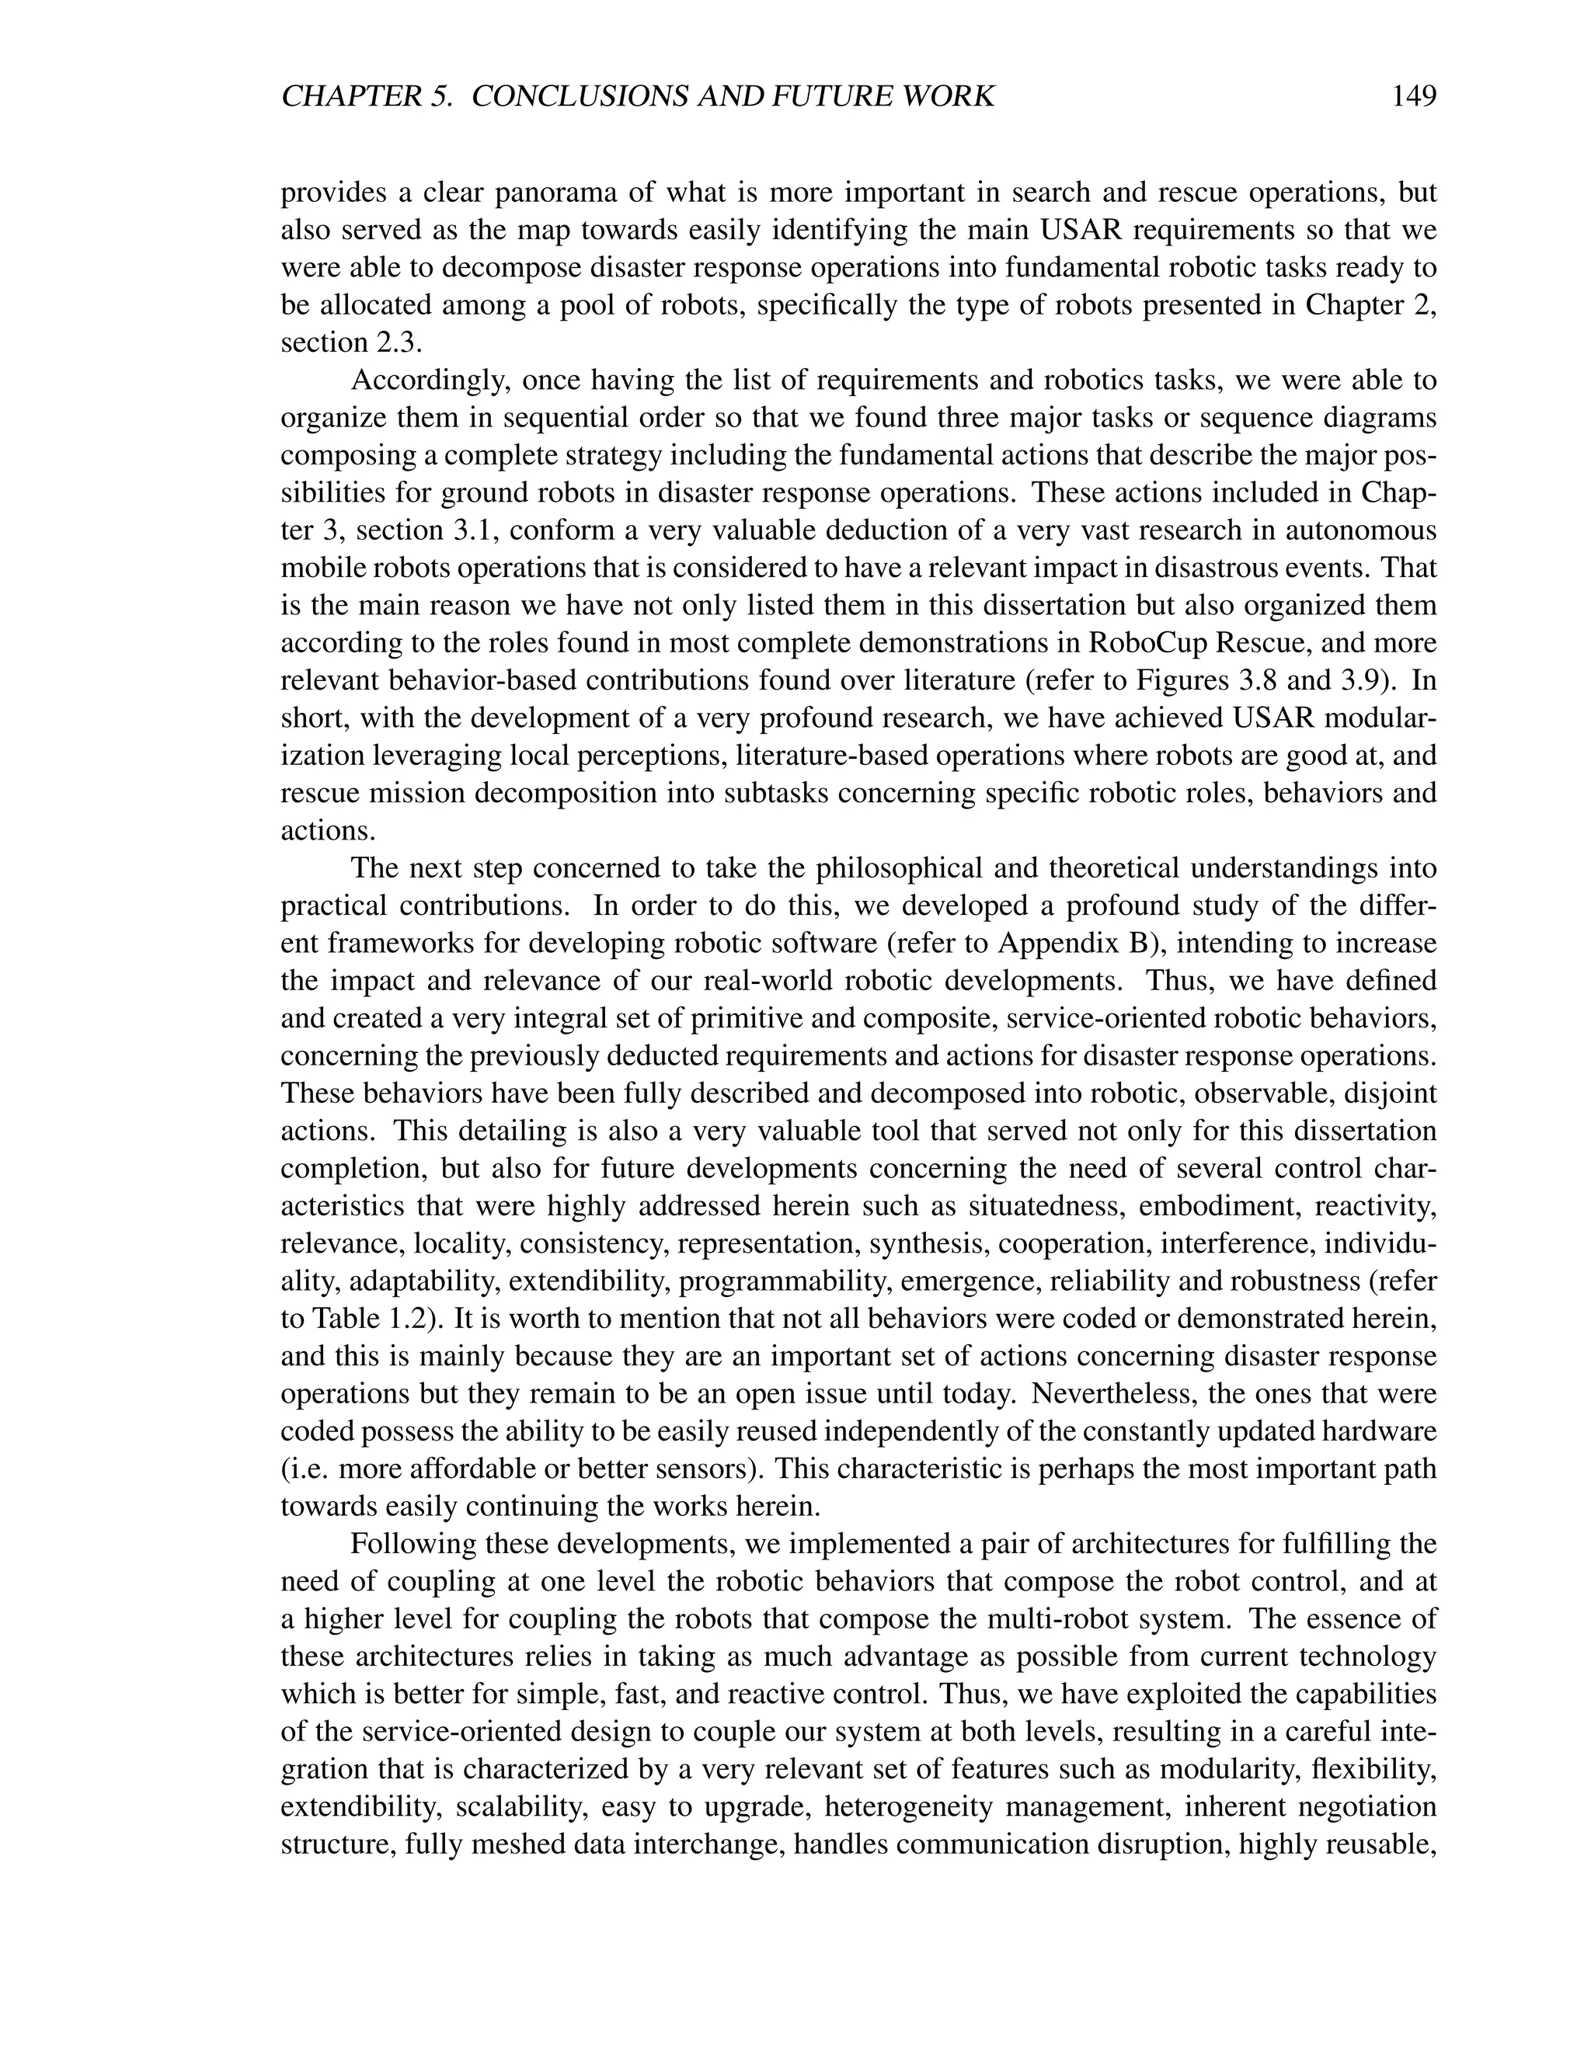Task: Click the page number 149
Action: tap(1413, 96)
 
